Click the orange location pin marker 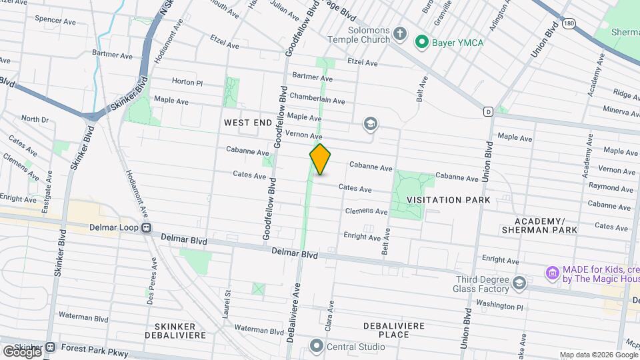click(x=320, y=159)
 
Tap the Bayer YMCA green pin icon click(x=421, y=42)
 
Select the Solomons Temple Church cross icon click(x=400, y=33)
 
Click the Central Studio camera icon click(x=316, y=346)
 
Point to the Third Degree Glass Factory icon click(x=519, y=284)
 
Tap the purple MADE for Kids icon click(x=551, y=273)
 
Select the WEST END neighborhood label click(x=248, y=123)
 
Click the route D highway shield click(x=489, y=111)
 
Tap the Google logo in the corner click(x=21, y=351)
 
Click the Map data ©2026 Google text click(x=598, y=355)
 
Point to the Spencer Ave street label click(x=57, y=21)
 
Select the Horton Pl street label click(x=187, y=82)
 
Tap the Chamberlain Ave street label click(x=317, y=98)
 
